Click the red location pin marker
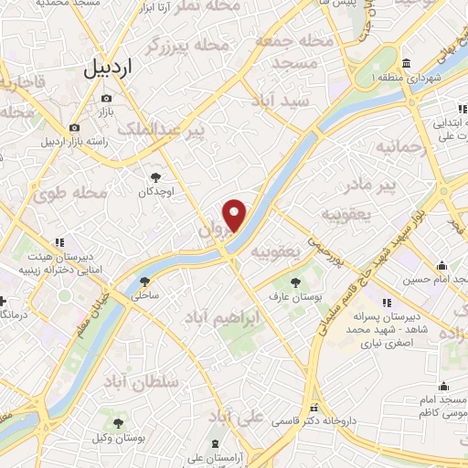235,214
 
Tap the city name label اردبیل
108,68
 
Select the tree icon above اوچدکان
154,177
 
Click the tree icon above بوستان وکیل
118,423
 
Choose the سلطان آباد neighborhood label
138,380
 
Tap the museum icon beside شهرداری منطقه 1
406,63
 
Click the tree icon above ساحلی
144,281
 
